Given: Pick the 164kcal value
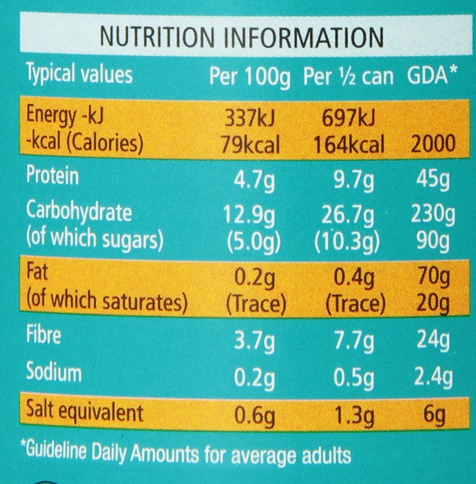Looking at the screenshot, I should pyautogui.click(x=349, y=144).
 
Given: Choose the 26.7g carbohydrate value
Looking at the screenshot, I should pyautogui.click(x=348, y=215).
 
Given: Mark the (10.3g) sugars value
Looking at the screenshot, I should pyautogui.click(x=346, y=242).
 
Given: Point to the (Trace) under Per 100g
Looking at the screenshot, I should pyautogui.click(x=256, y=304).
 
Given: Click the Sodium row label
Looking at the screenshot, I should pyautogui.click(x=54, y=372).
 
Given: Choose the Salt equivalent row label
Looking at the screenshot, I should pyautogui.click(x=84, y=412).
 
